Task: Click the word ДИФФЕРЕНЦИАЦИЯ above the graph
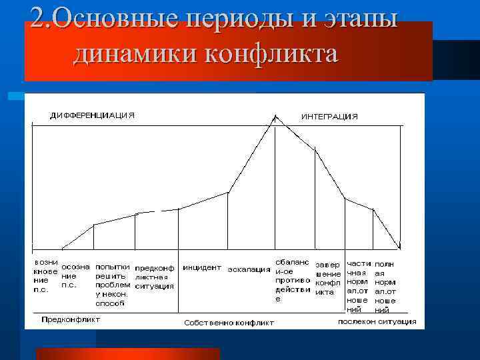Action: (92, 115)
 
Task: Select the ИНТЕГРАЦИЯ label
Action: (329, 116)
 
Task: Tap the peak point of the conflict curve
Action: (275, 117)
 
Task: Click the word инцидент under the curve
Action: (202, 267)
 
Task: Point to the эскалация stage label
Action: (249, 270)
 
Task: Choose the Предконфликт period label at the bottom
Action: (71, 319)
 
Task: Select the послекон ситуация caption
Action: (377, 321)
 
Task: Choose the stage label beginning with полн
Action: (385, 287)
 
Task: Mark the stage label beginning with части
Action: (359, 287)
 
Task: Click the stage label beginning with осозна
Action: (75, 275)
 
